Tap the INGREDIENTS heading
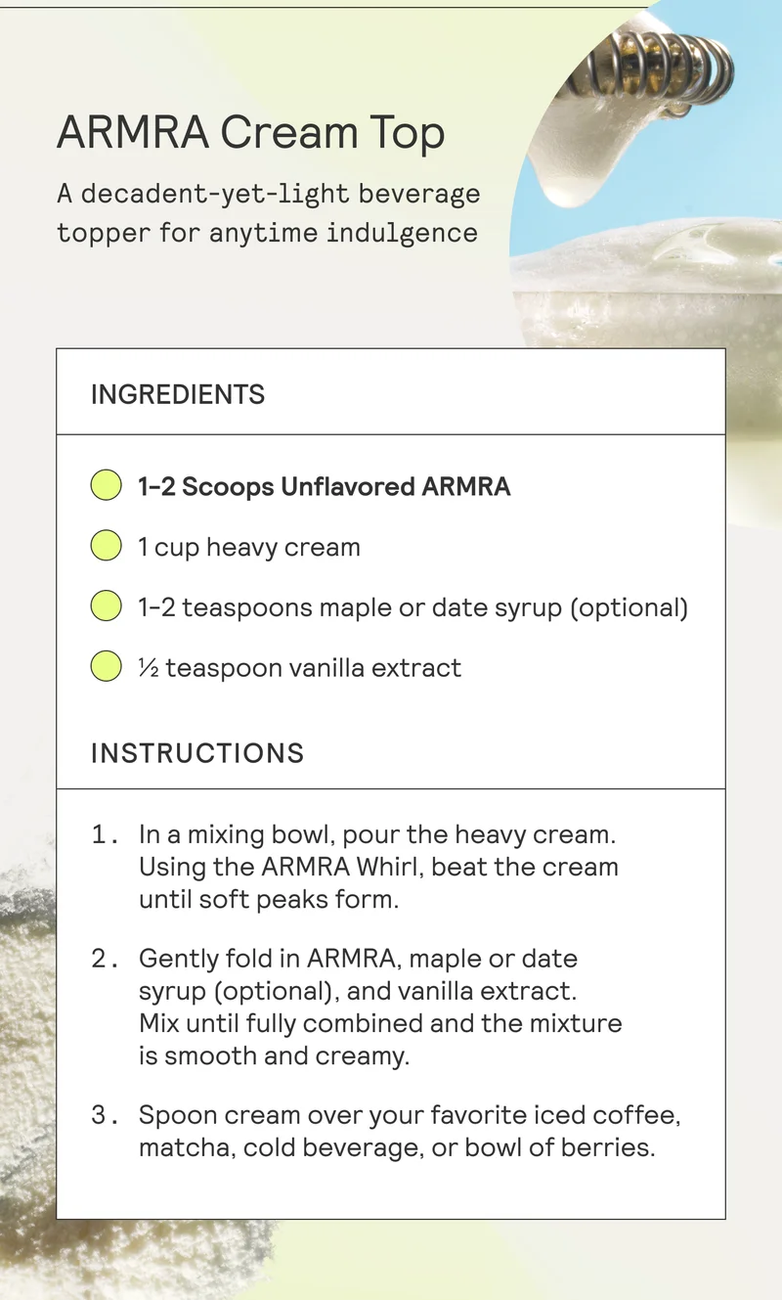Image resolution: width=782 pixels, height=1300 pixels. pyautogui.click(x=178, y=394)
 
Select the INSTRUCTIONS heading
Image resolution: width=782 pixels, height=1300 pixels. pyautogui.click(x=197, y=753)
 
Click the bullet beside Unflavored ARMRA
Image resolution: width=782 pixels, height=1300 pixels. pyautogui.click(x=106, y=485)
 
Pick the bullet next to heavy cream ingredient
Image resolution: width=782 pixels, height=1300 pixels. pyautogui.click(x=106, y=546)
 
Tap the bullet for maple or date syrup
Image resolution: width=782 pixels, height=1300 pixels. pyautogui.click(x=106, y=606)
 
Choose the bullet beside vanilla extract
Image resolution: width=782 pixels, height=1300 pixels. pyautogui.click(x=106, y=667)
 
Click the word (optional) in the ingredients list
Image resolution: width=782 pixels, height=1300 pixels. pyautogui.click(x=630, y=607)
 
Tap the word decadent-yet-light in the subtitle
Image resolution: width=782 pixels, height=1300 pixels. pyautogui.click(x=214, y=194)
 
